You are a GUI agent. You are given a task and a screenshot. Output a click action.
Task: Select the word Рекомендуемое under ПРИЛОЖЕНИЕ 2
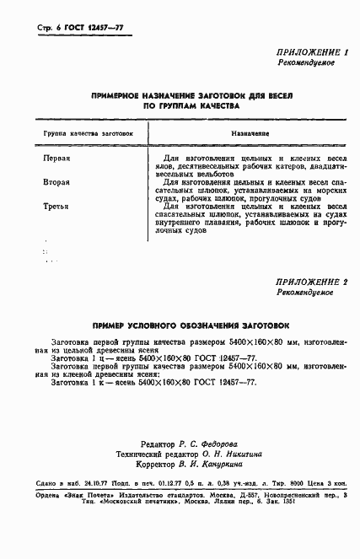pyautogui.click(x=305, y=292)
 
